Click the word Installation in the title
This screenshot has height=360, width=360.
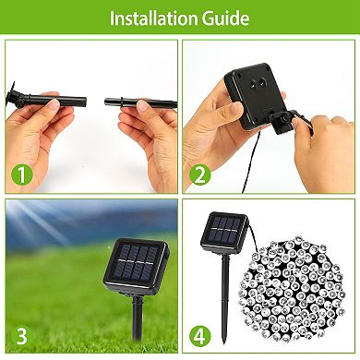154,18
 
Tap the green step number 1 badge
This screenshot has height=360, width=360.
20,171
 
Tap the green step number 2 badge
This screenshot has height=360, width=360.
199,171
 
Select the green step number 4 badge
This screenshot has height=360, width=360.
199,333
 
